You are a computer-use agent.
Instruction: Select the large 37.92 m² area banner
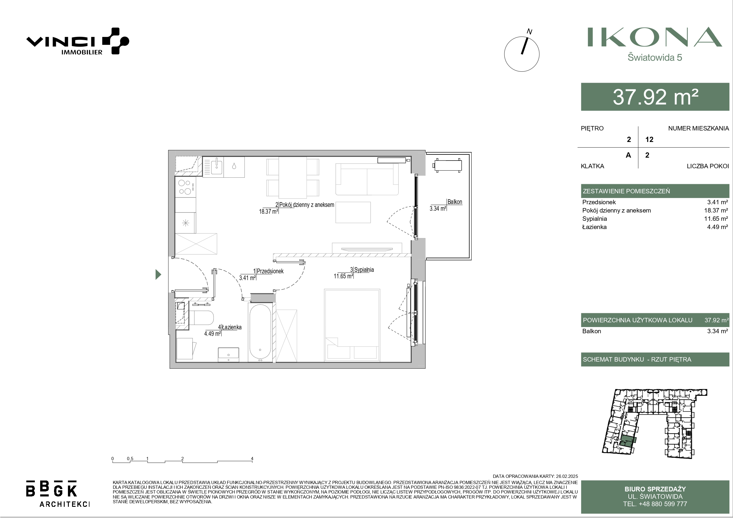[655, 97]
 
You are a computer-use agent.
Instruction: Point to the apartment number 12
[649, 140]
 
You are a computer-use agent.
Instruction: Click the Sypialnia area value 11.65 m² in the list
[716, 219]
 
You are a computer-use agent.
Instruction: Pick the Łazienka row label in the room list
[594, 227]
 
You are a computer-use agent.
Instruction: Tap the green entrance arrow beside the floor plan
[158, 274]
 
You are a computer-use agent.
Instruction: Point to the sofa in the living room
[367, 179]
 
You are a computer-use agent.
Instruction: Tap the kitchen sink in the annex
[213, 166]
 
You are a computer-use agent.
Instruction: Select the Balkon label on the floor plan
[455, 202]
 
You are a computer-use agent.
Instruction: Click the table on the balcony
[447, 165]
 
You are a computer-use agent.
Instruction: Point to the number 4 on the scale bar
[252, 459]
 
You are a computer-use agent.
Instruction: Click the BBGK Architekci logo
[58, 494]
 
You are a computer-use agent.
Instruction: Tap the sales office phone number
[655, 504]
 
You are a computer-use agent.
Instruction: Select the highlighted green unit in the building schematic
[627, 441]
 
